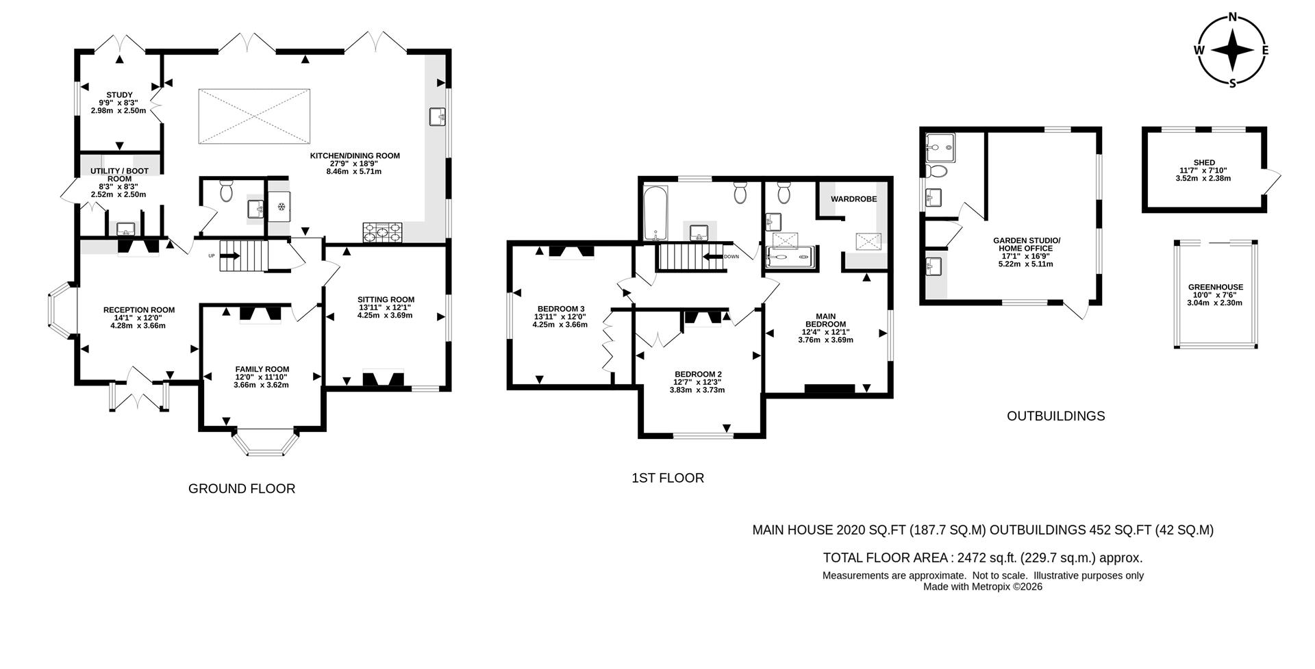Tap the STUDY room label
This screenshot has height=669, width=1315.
tap(119, 95)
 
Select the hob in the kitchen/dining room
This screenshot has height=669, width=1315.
tap(384, 233)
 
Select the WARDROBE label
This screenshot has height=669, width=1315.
tap(853, 199)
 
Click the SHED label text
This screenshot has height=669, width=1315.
tap(1204, 163)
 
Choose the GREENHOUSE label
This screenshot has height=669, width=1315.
tap(1215, 288)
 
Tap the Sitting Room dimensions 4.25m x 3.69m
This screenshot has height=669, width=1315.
tap(385, 316)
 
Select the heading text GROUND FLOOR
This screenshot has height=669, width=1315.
tap(242, 489)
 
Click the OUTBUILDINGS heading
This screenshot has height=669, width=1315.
tap(1055, 416)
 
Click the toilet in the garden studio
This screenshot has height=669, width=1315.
tap(935, 170)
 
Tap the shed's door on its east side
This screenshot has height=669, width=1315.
tap(1273, 181)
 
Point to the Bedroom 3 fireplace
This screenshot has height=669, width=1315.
tap(571, 253)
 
